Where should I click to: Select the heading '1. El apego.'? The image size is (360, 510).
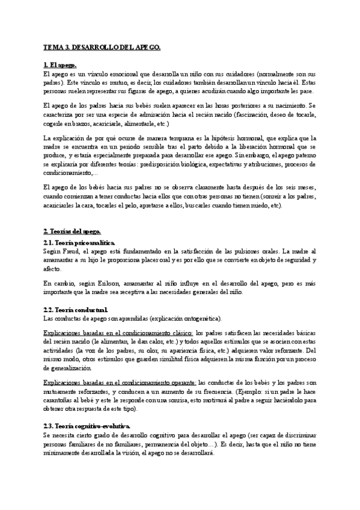[61, 65]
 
